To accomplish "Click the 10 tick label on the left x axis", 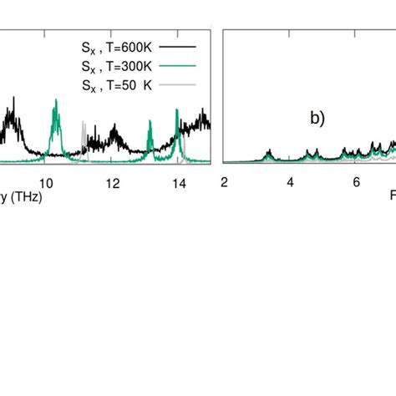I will (x=47, y=182).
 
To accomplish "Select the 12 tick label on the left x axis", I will (x=113, y=182).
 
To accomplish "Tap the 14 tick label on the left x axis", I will (x=178, y=182).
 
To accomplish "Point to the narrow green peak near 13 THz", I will (x=150, y=125).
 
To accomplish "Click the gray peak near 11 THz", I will (x=83, y=127).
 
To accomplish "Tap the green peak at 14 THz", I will (x=177, y=114).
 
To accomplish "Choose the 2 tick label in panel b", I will (x=224, y=182).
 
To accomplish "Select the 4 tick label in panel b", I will (x=290, y=182).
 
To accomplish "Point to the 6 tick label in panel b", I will (x=356, y=182).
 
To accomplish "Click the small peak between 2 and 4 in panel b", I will (x=269, y=153).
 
